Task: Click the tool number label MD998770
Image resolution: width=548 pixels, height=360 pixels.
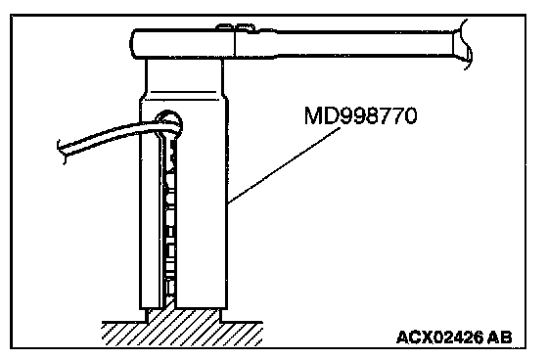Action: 361,115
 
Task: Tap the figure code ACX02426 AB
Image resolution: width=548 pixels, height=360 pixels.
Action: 454,337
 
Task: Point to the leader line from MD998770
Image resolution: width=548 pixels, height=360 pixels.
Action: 284,165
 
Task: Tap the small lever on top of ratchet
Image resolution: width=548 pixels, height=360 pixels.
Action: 235,27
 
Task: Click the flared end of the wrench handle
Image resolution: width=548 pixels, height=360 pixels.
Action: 463,45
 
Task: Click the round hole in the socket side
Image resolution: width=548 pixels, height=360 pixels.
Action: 169,122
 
